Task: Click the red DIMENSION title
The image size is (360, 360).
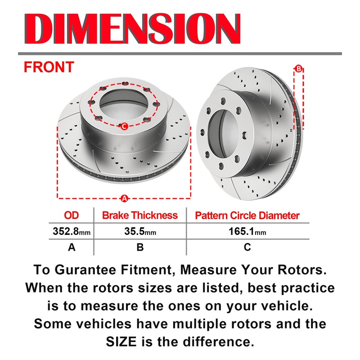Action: [x=132, y=28]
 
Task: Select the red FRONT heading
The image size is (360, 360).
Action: [x=49, y=67]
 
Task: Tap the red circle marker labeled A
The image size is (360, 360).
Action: [x=124, y=198]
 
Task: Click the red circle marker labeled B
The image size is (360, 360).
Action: [x=298, y=69]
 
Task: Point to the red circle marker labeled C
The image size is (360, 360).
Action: [x=124, y=126]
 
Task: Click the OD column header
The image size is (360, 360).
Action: [x=72, y=216]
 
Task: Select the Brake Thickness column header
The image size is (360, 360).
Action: [x=140, y=216]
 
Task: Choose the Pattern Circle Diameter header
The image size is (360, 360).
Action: [x=247, y=216]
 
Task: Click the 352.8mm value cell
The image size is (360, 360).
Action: [x=72, y=231]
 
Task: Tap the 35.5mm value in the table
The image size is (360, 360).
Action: [x=140, y=231]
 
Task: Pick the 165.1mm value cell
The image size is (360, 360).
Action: [x=247, y=231]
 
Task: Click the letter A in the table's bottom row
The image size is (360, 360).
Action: [x=72, y=247]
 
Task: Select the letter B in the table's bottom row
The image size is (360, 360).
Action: [x=140, y=247]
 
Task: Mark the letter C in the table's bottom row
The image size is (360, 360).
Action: [x=247, y=247]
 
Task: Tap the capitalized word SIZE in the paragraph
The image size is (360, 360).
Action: [x=121, y=342]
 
